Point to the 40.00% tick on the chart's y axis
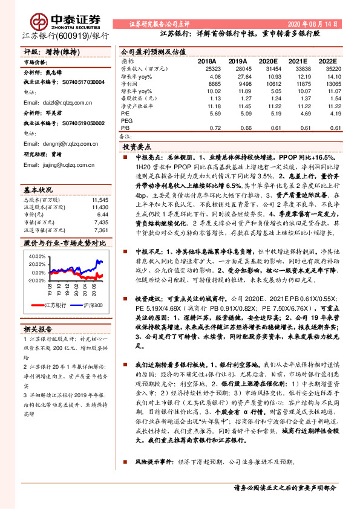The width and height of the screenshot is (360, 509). click(37, 256)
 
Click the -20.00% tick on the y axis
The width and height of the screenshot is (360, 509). click(36, 280)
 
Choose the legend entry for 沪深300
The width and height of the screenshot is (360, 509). click(92, 305)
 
